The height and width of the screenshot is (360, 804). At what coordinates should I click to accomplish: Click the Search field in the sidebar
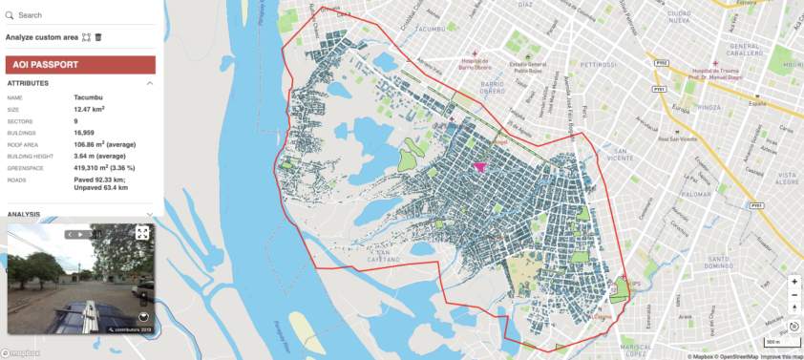76,15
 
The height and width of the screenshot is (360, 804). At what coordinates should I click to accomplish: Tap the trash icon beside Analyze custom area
98,37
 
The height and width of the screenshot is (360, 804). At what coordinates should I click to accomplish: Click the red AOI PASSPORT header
80,64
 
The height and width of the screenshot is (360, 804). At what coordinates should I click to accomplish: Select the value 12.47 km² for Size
92,109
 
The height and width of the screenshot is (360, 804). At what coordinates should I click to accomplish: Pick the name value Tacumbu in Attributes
88,97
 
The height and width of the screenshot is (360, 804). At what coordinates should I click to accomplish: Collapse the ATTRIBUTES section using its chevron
150,83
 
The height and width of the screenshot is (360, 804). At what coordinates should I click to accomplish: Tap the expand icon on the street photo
142,232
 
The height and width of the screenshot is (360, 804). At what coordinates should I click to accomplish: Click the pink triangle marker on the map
478,165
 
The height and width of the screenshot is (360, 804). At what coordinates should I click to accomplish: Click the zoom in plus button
793,283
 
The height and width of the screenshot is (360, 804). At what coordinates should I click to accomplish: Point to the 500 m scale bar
771,341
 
